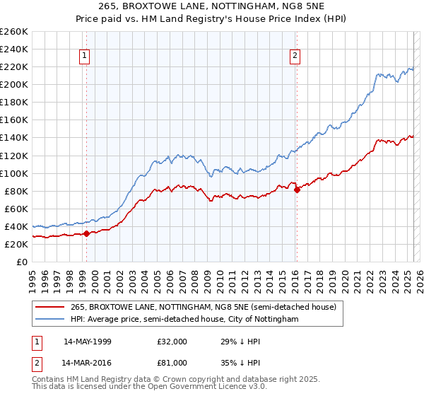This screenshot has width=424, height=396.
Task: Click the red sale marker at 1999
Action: tap(86, 233)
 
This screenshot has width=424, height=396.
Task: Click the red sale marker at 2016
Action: tap(297, 190)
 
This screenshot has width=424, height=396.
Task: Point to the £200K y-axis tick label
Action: tap(13, 84)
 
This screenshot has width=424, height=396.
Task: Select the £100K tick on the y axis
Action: tap(13, 173)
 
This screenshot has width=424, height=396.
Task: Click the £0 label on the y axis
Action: tap(21, 262)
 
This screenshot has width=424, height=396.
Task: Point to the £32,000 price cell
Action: tap(172, 341)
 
